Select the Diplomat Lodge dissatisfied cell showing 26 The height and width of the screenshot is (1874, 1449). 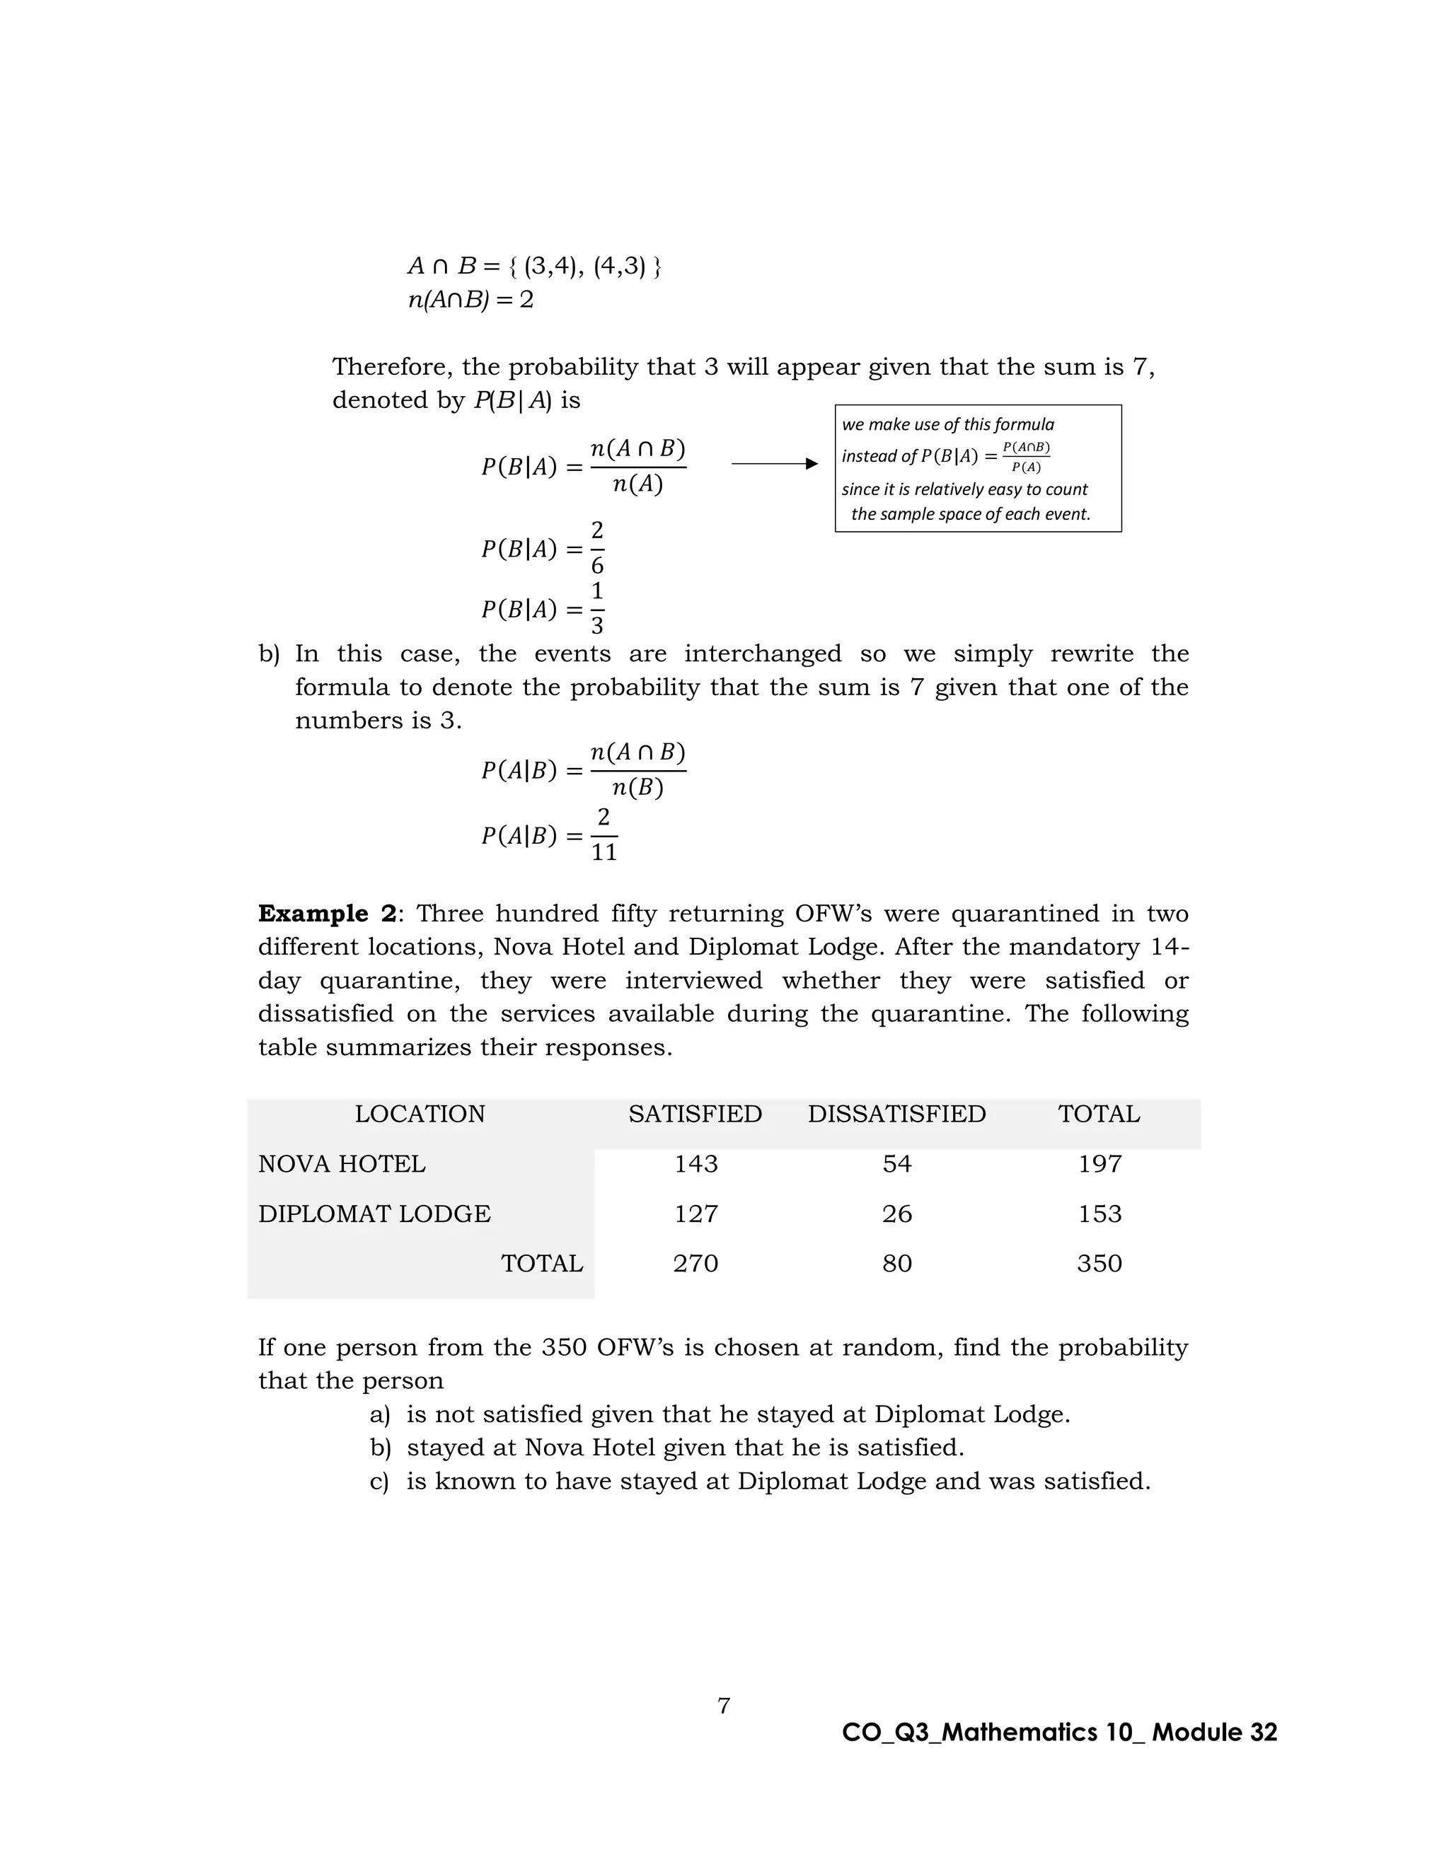(896, 1214)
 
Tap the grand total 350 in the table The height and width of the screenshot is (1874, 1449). (1099, 1263)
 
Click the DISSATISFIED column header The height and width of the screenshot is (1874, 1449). (896, 1114)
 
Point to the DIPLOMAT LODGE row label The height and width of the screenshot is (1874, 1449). (374, 1214)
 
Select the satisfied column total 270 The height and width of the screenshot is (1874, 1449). (695, 1263)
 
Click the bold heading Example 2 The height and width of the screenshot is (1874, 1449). (327, 913)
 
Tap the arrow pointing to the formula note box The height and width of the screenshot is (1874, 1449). (774, 464)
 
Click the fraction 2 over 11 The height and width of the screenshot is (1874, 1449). (604, 835)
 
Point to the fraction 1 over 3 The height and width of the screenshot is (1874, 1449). (596, 608)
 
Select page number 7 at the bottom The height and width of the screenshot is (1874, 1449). (724, 1705)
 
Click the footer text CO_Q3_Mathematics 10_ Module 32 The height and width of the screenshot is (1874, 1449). (1059, 1732)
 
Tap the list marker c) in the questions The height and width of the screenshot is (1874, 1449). (379, 1481)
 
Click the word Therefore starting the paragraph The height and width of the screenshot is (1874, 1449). (391, 367)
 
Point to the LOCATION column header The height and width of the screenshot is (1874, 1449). (420, 1114)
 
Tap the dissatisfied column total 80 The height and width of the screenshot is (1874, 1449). (896, 1263)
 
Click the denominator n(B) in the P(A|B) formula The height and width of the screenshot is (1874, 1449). (637, 788)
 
